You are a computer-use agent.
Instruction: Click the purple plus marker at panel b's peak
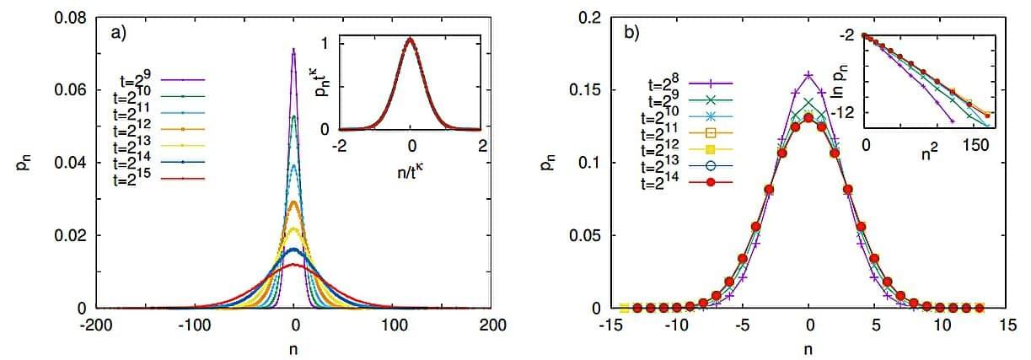coord(809,75)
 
